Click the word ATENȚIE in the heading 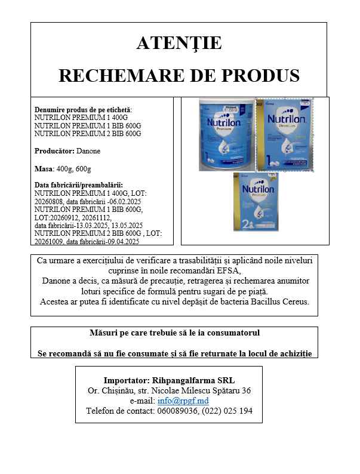tap(179, 43)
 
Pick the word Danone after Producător tap(89, 151)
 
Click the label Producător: tap(55, 151)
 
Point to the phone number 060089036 tap(177, 411)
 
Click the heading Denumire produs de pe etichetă tap(83, 110)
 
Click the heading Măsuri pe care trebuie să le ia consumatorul tap(174, 333)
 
